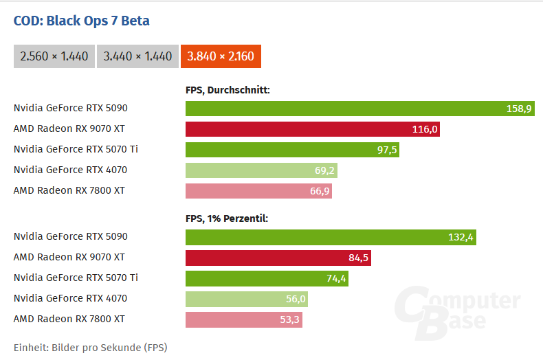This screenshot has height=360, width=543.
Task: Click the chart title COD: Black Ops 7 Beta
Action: pyautogui.click(x=81, y=21)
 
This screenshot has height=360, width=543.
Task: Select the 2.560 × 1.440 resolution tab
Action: pyautogui.click(x=54, y=56)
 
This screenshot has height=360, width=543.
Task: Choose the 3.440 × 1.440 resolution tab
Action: pyautogui.click(x=137, y=56)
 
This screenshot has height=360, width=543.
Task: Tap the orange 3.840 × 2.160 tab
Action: pyautogui.click(x=221, y=56)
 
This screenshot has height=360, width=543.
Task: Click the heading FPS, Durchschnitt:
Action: pyautogui.click(x=228, y=89)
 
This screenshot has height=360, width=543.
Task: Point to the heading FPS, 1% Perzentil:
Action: pyautogui.click(x=226, y=218)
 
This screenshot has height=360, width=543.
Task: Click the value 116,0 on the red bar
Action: pyautogui.click(x=425, y=129)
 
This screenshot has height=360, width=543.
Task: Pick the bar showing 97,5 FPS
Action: pyautogui.click(x=292, y=150)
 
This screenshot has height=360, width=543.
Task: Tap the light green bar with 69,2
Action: pyautogui.click(x=261, y=170)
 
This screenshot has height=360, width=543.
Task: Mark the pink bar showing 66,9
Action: pyautogui.click(x=258, y=191)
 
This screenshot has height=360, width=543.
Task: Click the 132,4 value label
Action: pyautogui.click(x=461, y=237)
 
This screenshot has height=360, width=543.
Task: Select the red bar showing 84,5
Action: pyautogui.click(x=278, y=258)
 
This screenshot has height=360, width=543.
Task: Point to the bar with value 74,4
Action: pyautogui.click(x=267, y=278)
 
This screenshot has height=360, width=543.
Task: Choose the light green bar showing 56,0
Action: pyautogui.click(x=246, y=299)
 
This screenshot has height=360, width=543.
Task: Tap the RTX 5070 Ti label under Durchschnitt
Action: pyautogui.click(x=76, y=149)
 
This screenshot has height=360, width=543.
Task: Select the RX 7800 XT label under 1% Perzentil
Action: pyautogui.click(x=69, y=319)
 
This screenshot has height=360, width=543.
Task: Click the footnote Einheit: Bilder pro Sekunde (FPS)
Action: pyautogui.click(x=90, y=347)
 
